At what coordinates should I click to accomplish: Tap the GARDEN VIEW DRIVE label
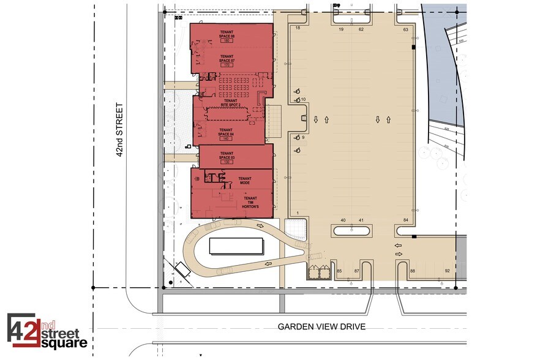321,327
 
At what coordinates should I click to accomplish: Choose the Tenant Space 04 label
226,132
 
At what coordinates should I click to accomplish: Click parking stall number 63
405,29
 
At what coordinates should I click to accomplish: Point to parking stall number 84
405,220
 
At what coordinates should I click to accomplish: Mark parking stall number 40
343,220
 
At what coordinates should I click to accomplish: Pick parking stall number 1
297,212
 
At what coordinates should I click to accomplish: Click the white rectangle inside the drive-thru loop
236,247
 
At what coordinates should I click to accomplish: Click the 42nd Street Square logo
47,331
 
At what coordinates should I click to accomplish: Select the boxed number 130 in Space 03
227,162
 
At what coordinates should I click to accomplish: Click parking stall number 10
302,100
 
